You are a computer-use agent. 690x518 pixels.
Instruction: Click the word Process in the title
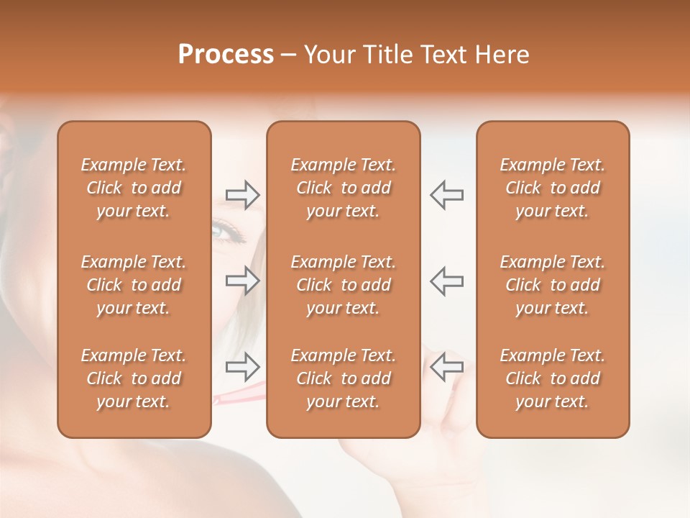point(226,55)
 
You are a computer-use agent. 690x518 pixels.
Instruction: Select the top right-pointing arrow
point(243,195)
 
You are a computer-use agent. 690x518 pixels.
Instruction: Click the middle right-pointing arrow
point(243,281)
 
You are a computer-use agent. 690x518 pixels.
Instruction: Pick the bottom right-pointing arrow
point(243,367)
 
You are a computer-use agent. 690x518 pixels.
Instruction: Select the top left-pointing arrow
point(446,195)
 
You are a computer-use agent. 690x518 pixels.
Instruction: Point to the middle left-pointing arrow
point(446,281)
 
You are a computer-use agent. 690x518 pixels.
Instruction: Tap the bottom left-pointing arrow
point(446,367)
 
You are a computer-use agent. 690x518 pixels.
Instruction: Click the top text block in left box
point(134,188)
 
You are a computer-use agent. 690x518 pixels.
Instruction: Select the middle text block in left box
point(134,285)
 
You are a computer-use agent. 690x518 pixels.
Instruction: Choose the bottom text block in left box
point(134,378)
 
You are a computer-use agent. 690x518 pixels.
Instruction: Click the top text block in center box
point(343,188)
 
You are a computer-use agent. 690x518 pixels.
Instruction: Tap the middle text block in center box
point(343,285)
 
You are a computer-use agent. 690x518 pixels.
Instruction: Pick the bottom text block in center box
point(343,378)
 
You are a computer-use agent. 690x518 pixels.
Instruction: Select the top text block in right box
point(552,188)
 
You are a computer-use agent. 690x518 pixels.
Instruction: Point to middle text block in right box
point(552,285)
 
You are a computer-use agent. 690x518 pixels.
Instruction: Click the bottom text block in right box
point(552,378)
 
